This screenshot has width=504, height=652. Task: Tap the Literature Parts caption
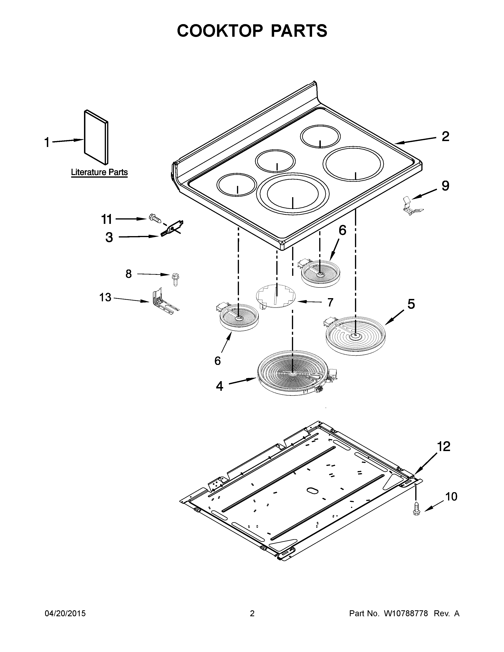99,172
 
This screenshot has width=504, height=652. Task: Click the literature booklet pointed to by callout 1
96,137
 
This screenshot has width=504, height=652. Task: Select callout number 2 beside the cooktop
445,137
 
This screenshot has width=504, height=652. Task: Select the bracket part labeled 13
164,302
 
